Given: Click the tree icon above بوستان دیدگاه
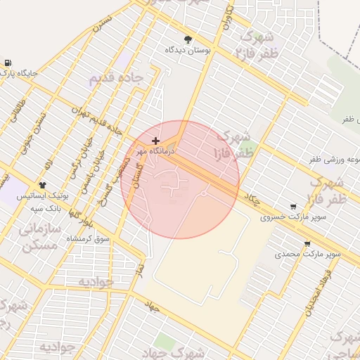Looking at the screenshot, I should [x=187, y=39].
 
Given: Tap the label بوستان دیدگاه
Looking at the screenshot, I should [x=188, y=51].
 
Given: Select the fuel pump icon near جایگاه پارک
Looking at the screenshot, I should [x=8, y=62].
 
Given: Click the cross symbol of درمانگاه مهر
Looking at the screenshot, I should [x=155, y=141].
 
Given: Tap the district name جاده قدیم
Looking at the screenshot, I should [x=116, y=78].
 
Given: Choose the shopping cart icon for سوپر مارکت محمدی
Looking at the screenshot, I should [x=307, y=244].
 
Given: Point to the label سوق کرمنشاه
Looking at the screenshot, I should [x=89, y=239].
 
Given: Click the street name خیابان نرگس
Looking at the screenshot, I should [x=74, y=167].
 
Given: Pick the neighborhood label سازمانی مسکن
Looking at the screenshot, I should [x=40, y=237].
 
